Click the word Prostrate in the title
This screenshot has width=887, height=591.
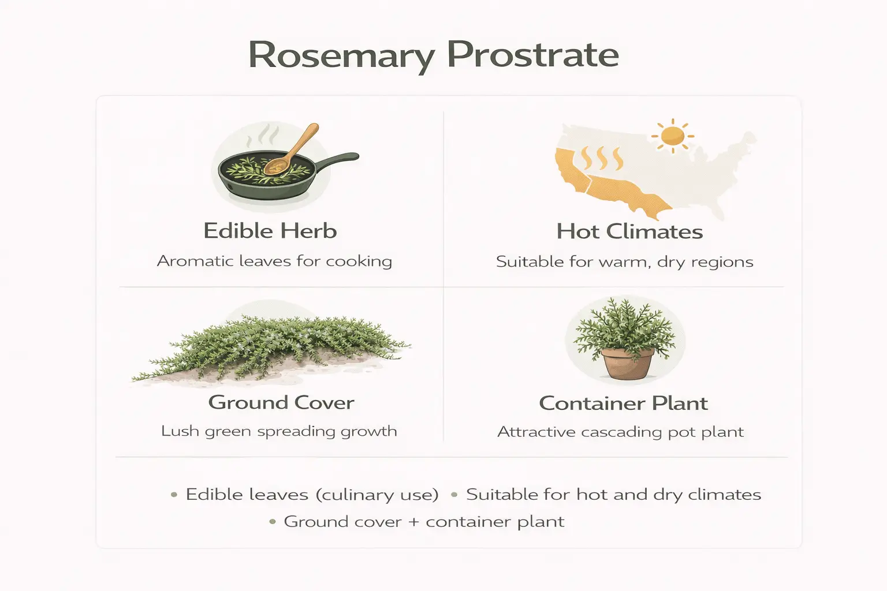(532, 55)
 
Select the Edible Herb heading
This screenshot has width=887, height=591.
(270, 231)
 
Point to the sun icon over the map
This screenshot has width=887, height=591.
(673, 136)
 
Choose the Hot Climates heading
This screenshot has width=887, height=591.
(629, 231)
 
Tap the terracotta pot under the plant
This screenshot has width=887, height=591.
(628, 363)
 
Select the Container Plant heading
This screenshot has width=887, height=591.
(623, 403)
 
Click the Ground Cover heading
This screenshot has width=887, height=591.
(281, 402)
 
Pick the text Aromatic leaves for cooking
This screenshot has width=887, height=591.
(274, 261)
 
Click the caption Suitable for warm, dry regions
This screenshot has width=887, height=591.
(624, 261)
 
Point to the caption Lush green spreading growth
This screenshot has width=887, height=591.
(279, 431)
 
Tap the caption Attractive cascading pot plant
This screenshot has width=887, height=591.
(620, 432)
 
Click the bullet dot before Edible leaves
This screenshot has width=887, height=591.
(174, 495)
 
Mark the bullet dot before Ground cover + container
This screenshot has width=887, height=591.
(273, 522)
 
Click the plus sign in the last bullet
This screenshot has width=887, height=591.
(413, 522)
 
